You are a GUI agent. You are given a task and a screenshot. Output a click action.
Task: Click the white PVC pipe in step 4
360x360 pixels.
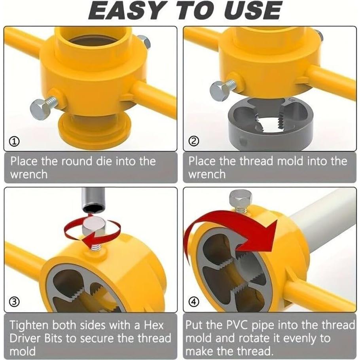click(324, 222)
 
